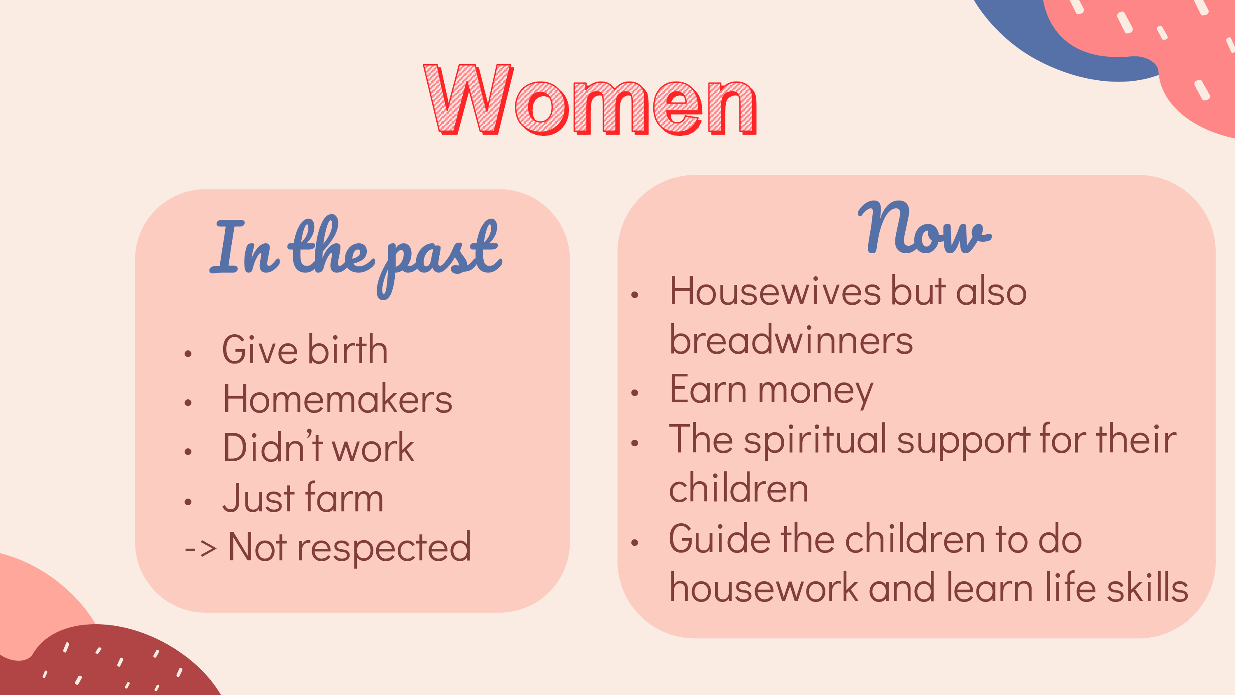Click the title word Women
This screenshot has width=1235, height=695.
(590, 99)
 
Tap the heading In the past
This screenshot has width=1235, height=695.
(356, 255)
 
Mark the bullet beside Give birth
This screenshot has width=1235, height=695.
(188, 354)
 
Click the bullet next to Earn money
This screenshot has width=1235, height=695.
(635, 393)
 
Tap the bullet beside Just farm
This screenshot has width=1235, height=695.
(188, 502)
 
